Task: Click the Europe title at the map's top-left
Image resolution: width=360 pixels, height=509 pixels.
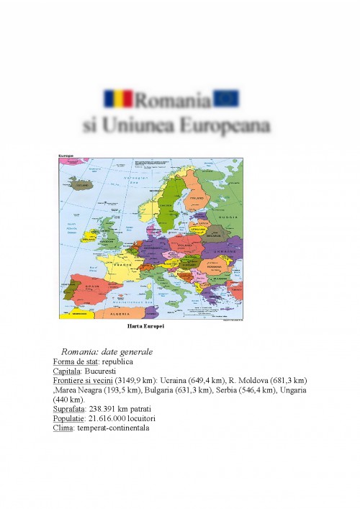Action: (x=67, y=156)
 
